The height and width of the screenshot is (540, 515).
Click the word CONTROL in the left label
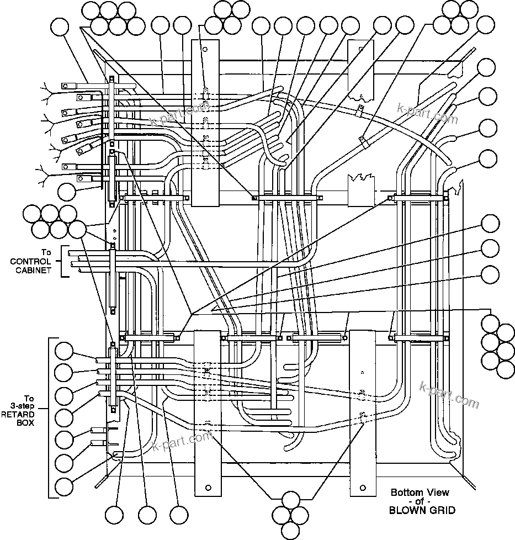click(31, 261)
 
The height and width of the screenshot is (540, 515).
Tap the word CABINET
click(31, 271)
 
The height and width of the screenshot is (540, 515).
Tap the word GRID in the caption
click(443, 511)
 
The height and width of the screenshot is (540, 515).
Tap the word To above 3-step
click(29, 398)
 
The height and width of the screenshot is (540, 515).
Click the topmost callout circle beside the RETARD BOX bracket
click(65, 351)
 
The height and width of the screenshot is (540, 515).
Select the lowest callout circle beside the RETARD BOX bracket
click(65, 486)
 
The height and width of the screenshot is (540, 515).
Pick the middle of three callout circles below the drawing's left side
click(148, 515)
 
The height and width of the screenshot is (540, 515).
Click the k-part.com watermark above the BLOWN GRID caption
click(449, 394)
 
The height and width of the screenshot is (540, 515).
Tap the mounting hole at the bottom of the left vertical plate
click(208, 488)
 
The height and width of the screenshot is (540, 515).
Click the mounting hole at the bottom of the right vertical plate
click(363, 488)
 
